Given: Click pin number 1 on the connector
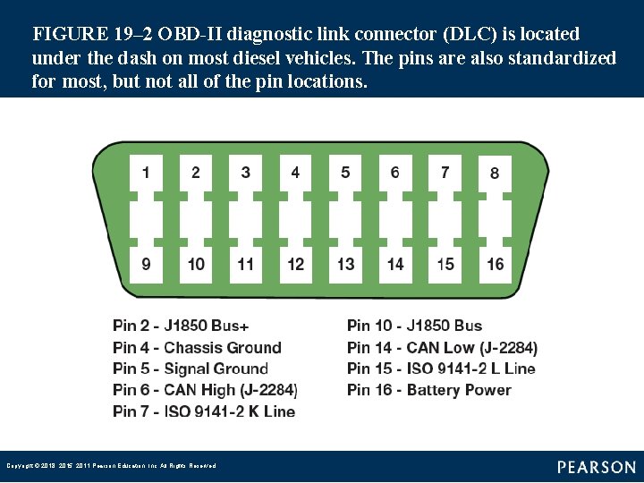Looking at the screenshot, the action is pyautogui.click(x=146, y=173).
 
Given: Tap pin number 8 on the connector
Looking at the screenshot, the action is pyautogui.click(x=495, y=173).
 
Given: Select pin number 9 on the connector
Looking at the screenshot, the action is pyautogui.click(x=146, y=263).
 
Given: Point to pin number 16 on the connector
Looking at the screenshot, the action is pyautogui.click(x=495, y=263).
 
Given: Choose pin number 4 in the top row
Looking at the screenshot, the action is pyautogui.click(x=295, y=173).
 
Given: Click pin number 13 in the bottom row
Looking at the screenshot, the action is pyautogui.click(x=345, y=263).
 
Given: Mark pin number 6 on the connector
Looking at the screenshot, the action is pyautogui.click(x=395, y=173).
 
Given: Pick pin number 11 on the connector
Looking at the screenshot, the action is pyautogui.click(x=245, y=263).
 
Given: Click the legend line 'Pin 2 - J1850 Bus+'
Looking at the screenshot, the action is pyautogui.click(x=181, y=326).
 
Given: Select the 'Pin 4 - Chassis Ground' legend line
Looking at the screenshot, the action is pyautogui.click(x=197, y=347).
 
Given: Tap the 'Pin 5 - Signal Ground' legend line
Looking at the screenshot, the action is pyautogui.click(x=191, y=369).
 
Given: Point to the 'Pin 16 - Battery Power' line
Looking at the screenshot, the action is pyautogui.click(x=428, y=390).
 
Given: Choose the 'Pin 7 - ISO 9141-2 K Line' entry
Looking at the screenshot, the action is pyautogui.click(x=204, y=411).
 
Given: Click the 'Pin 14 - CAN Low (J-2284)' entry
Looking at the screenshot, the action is pyautogui.click(x=442, y=347).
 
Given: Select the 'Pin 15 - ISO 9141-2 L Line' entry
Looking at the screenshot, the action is pyautogui.click(x=441, y=369).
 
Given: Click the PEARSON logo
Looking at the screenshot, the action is pyautogui.click(x=597, y=467).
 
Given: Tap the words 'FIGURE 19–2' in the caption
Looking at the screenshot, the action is pyautogui.click(x=83, y=35).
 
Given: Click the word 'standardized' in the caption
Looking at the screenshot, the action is pyautogui.click(x=561, y=58).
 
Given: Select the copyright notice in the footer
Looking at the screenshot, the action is pyautogui.click(x=111, y=466).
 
